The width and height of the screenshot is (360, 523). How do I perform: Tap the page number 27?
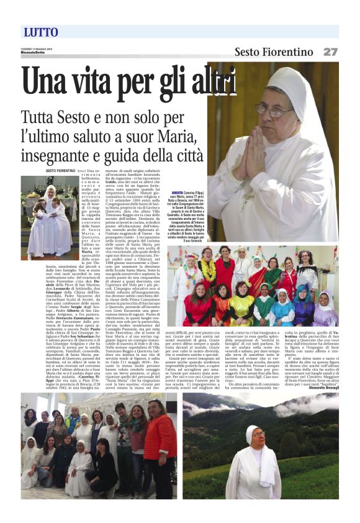point(330,52)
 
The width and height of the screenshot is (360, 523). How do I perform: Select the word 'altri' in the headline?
point(214,83)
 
